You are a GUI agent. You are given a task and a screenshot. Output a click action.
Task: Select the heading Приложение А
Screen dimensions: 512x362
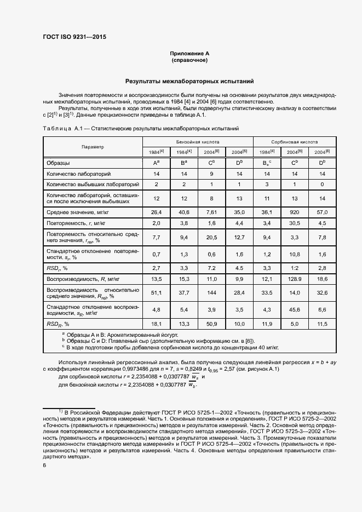189,54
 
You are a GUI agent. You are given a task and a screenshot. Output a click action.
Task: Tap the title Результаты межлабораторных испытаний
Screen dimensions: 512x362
189,81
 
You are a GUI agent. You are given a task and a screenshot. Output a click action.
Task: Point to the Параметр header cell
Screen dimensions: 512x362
93,147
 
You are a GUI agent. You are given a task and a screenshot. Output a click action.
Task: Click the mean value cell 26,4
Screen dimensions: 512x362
156,211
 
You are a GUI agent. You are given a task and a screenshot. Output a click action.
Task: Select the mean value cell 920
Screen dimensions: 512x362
295,211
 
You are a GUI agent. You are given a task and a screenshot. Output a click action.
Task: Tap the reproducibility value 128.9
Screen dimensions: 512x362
295,279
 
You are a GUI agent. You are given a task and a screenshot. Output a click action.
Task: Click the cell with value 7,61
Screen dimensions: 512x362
212,211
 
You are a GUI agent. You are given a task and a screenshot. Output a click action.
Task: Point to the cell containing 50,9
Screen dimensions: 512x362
212,324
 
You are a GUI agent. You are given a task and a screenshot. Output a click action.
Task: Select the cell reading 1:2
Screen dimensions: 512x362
295,268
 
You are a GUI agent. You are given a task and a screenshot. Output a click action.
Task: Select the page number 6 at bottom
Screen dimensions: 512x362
44,465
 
